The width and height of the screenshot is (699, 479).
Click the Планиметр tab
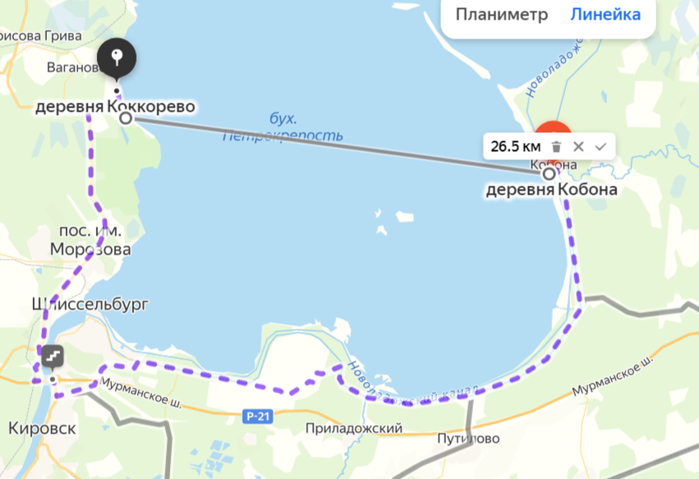tap(501, 15)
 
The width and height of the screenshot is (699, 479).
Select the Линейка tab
tap(605, 15)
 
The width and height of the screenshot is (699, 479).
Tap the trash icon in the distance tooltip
tap(556, 147)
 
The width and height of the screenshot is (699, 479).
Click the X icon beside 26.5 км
tap(578, 147)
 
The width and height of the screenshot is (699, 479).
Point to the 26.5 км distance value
tap(515, 147)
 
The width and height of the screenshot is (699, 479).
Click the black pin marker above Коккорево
tap(117, 58)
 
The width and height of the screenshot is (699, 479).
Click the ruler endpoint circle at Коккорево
tap(126, 118)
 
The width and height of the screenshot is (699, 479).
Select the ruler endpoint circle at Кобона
tap(549, 173)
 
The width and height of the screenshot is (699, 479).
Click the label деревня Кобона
tap(550, 191)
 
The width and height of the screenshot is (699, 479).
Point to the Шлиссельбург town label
tap(90, 304)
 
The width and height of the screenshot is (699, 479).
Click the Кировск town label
tap(42, 429)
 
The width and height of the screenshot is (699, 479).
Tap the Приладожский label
tap(353, 429)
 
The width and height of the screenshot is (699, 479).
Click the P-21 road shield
tap(258, 417)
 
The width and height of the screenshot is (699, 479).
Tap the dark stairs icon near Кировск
tap(53, 357)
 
